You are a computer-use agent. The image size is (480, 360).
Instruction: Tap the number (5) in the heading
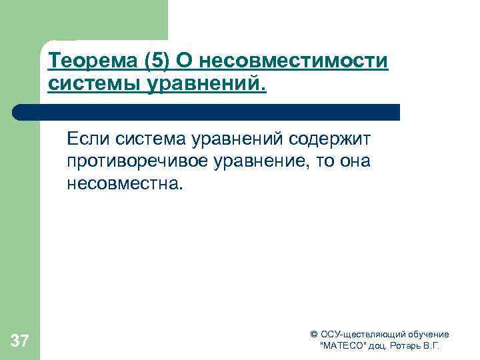[x=155, y=62]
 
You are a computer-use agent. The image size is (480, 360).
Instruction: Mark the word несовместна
[x=123, y=183]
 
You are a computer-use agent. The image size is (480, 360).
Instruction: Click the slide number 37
[x=20, y=342]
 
